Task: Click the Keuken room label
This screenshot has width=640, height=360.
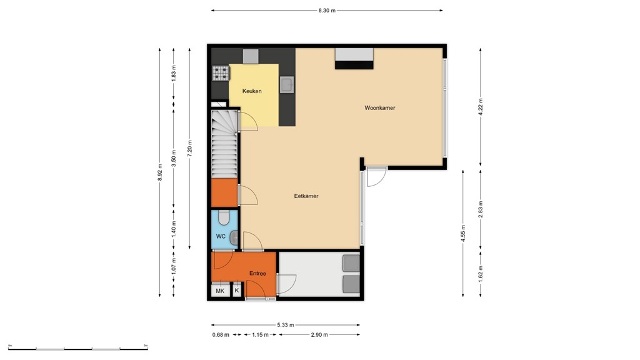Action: [252, 91]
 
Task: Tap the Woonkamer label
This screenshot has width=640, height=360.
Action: [380, 108]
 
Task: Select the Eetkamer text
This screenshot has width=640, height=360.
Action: [306, 196]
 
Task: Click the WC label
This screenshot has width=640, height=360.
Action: [221, 237]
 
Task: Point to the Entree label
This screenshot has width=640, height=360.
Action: [257, 273]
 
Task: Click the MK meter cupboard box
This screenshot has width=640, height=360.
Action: [220, 291]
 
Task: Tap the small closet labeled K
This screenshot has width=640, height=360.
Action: [237, 291]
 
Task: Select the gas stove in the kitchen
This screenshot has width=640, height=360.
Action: [221, 74]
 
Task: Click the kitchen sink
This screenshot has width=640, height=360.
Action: [287, 84]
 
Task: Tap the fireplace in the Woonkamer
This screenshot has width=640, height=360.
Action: [354, 59]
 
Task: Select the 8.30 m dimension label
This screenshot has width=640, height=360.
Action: [327, 11]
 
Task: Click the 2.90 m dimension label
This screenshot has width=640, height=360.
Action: [319, 335]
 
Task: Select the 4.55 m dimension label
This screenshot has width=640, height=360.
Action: [463, 232]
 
